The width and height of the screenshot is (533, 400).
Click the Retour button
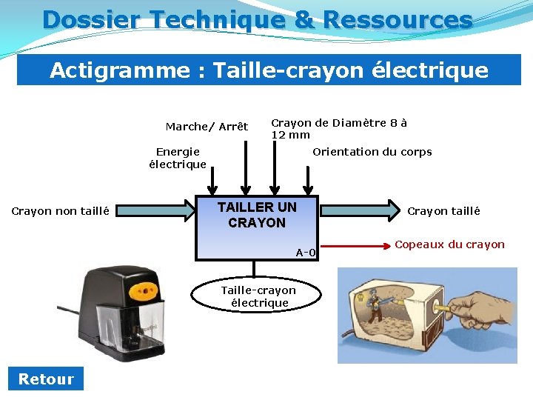pos(46,379)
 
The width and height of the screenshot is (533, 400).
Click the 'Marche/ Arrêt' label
pos(207,127)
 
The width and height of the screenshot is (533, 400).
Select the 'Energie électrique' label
pos(178,158)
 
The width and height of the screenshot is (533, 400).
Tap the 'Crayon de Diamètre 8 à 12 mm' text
pos(338,128)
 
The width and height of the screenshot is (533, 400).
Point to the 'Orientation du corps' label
pos(372,152)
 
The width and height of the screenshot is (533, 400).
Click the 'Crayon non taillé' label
pos(61,211)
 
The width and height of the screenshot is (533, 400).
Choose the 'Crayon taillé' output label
pos(443,211)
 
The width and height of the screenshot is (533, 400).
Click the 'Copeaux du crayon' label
pos(449,244)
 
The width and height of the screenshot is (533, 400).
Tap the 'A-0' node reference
pos(306,253)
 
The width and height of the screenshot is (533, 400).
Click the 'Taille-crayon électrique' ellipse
pos(258,296)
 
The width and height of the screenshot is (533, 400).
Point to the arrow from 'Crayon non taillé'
pos(155,211)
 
